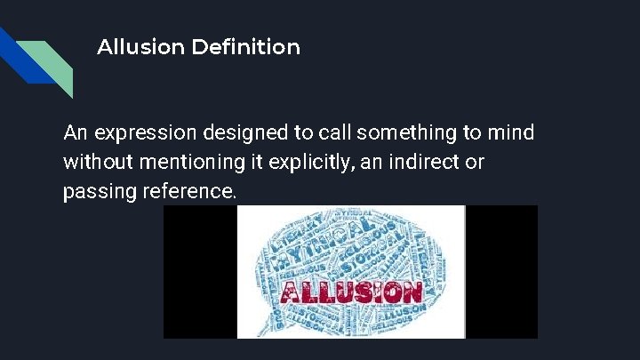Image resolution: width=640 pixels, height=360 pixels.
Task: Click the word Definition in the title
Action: pos(245,46)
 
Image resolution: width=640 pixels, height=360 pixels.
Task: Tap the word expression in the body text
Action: pos(135,134)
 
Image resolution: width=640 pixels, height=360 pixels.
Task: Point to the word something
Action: pos(361,133)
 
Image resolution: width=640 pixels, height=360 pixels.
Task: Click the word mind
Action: pos(513,133)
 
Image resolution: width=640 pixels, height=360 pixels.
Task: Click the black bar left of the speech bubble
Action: pos(199,271)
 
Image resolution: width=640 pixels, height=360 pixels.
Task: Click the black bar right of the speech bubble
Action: pos(501,271)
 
